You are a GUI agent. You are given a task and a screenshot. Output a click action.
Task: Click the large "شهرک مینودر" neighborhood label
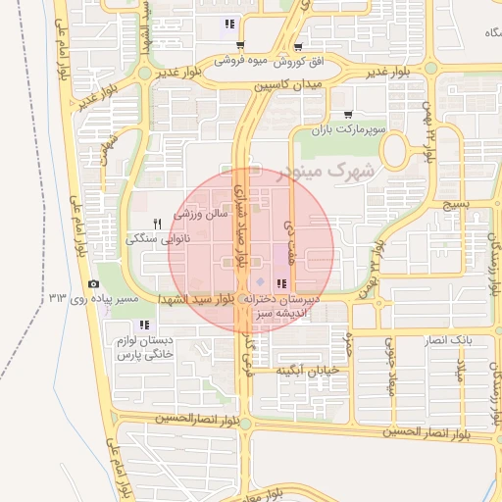[327, 173]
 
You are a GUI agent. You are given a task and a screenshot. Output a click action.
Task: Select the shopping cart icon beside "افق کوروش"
[297, 46]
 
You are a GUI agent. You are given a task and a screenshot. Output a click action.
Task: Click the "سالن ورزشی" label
[200, 212]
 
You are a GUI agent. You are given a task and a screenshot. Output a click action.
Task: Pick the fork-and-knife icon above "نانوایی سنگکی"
[157, 224]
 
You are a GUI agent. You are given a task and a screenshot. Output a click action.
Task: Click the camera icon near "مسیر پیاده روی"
[94, 283]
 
